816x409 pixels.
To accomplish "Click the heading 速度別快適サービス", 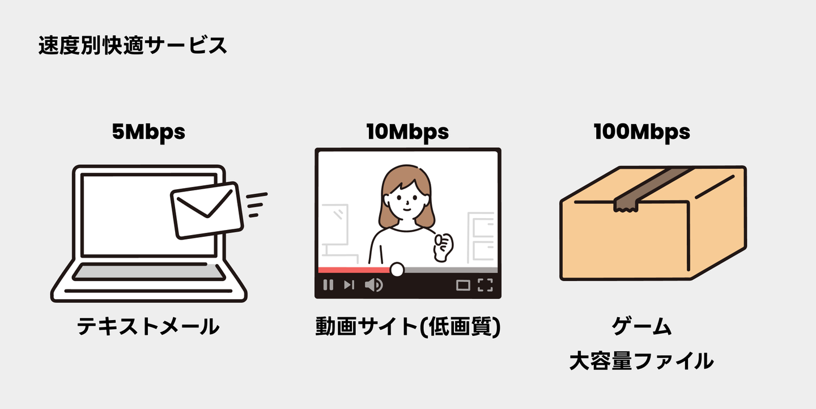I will [x=133, y=46].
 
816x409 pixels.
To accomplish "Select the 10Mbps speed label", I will [x=407, y=132].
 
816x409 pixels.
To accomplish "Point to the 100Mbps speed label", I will [x=641, y=132].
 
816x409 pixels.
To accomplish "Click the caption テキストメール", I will [x=148, y=327].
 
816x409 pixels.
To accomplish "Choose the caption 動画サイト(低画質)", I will [x=408, y=327].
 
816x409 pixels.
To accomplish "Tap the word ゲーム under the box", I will [x=641, y=327].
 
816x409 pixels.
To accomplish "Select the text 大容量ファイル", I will [x=641, y=361].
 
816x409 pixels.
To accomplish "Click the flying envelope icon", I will [x=207, y=210].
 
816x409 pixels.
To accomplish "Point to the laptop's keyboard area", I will [x=148, y=272].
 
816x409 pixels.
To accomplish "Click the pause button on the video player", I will [x=328, y=285].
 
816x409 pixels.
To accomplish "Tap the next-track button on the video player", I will [x=349, y=285].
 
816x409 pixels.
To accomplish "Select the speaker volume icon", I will [x=373, y=285].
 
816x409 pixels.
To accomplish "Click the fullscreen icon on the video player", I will [x=485, y=285].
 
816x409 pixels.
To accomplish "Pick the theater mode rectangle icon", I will [x=463, y=285].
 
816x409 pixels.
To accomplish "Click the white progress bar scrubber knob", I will [x=397, y=270].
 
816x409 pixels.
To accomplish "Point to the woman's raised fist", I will [x=443, y=245].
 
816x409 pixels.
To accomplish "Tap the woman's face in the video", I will [x=406, y=201].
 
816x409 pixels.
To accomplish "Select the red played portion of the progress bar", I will [x=354, y=270].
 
